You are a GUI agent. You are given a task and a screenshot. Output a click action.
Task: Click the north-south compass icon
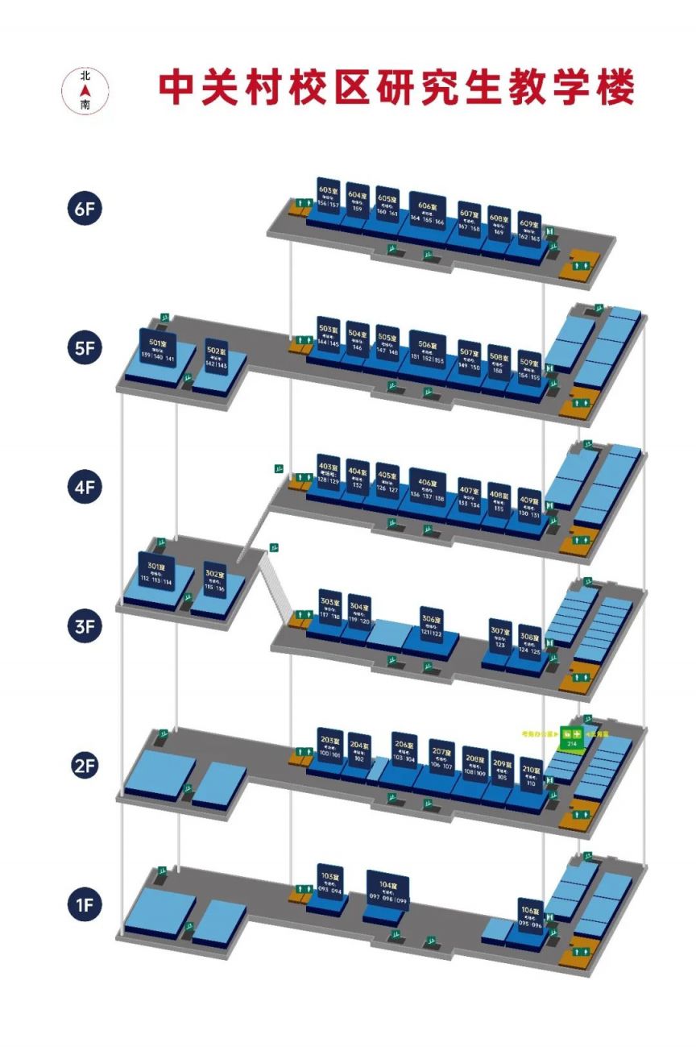click(x=85, y=89)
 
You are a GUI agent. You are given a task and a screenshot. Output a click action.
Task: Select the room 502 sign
click(x=216, y=357)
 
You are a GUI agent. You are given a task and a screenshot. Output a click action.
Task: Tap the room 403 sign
click(x=328, y=473)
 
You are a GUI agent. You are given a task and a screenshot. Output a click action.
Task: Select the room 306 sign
click(x=432, y=625)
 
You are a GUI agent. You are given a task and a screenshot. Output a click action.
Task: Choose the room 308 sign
click(x=529, y=641)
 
